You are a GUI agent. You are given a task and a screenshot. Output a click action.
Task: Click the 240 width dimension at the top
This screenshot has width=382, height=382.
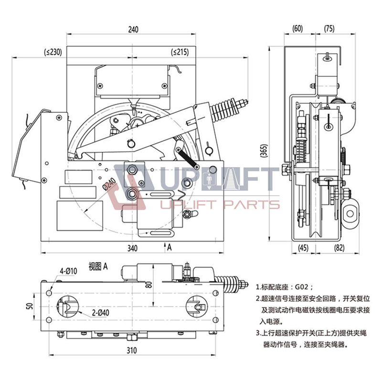[x=133, y=30]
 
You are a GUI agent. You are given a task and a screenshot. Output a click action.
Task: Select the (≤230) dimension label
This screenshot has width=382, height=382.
[x=53, y=52]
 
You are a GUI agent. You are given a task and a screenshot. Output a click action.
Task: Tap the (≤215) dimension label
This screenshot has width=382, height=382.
[x=180, y=52]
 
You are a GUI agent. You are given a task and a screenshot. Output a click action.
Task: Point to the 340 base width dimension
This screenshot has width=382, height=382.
[x=132, y=248]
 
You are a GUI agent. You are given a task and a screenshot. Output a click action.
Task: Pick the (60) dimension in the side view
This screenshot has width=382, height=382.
[x=298, y=29]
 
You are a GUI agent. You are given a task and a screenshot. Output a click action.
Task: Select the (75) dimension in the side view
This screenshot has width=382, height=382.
[x=329, y=29]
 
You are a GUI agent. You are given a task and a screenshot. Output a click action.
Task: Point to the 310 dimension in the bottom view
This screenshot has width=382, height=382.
[x=132, y=350]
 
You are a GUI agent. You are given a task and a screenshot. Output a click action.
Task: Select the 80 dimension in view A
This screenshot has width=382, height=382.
[x=149, y=285]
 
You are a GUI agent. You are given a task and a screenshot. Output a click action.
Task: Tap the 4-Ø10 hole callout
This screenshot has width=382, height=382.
[x=68, y=271]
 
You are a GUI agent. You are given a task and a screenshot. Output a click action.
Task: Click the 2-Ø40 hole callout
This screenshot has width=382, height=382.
[x=102, y=313]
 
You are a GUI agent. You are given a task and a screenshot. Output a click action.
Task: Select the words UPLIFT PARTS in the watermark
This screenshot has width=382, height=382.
[x=219, y=205]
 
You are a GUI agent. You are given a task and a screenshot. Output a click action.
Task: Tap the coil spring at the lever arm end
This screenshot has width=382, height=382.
[x=226, y=111]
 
